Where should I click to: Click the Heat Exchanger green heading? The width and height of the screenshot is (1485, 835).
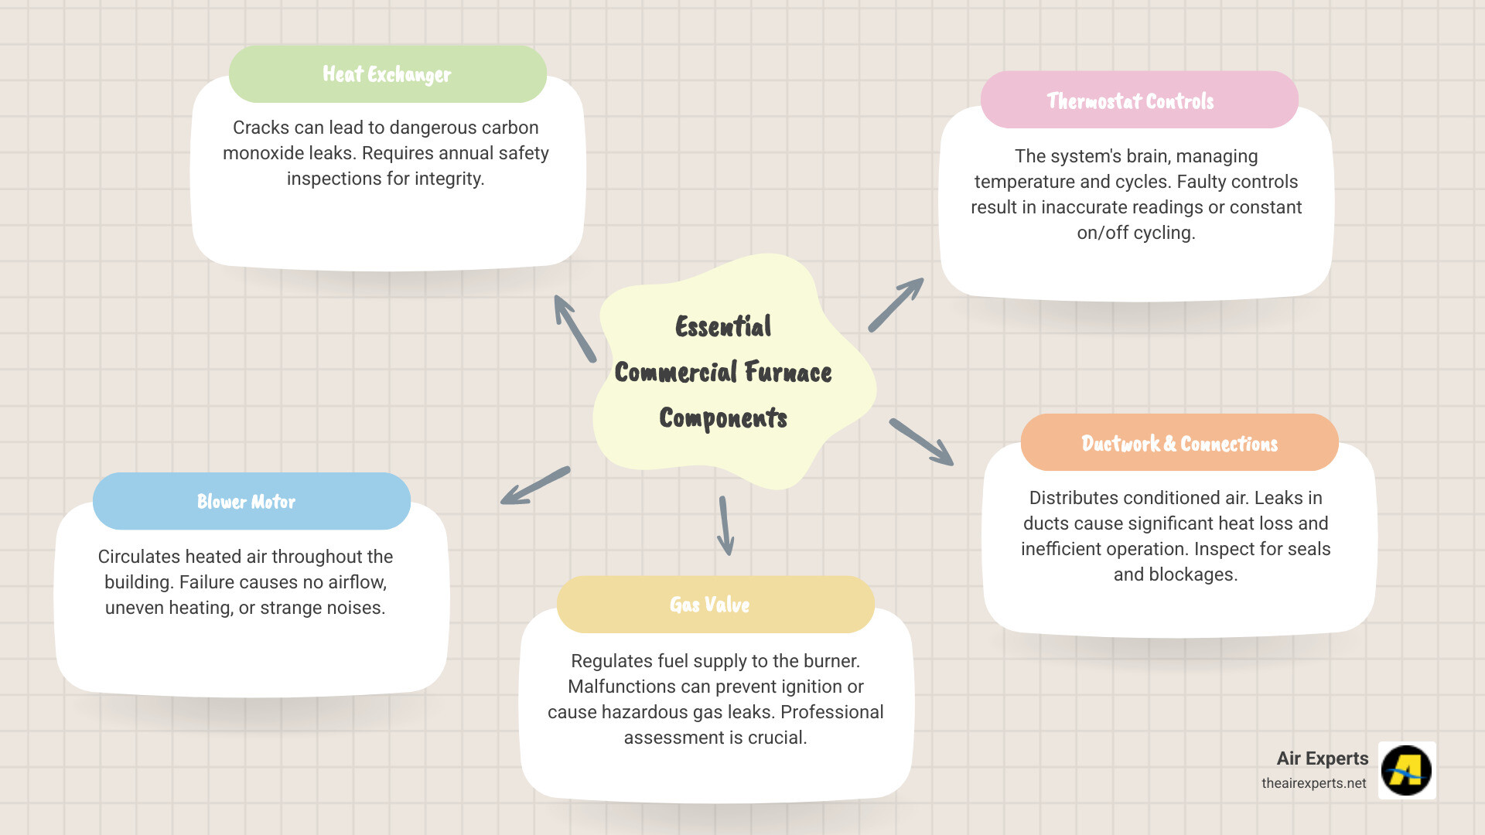(387, 74)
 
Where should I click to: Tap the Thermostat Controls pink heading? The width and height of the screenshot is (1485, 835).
(1130, 101)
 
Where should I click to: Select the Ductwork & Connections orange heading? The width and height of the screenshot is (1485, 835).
(1179, 444)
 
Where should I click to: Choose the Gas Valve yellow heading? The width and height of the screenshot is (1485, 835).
(709, 605)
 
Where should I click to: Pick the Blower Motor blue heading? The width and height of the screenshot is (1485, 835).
(246, 502)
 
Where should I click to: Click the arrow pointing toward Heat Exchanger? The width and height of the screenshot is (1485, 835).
(574, 328)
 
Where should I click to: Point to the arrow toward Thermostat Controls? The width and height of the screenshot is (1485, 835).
(896, 305)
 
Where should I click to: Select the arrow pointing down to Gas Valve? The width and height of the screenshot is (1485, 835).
(725, 526)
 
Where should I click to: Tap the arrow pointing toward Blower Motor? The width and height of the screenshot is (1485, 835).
(535, 486)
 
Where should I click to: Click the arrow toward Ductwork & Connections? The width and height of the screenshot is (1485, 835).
(921, 442)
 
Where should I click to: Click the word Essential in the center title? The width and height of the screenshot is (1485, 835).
(723, 327)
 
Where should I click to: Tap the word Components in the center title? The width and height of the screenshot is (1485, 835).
(723, 418)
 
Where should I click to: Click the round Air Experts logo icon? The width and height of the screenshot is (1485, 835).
(1406, 770)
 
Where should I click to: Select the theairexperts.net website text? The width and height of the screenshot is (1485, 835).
(1313, 783)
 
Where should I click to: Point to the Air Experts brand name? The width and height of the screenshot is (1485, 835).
(1322, 758)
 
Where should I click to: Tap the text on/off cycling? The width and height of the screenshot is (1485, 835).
(1135, 233)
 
